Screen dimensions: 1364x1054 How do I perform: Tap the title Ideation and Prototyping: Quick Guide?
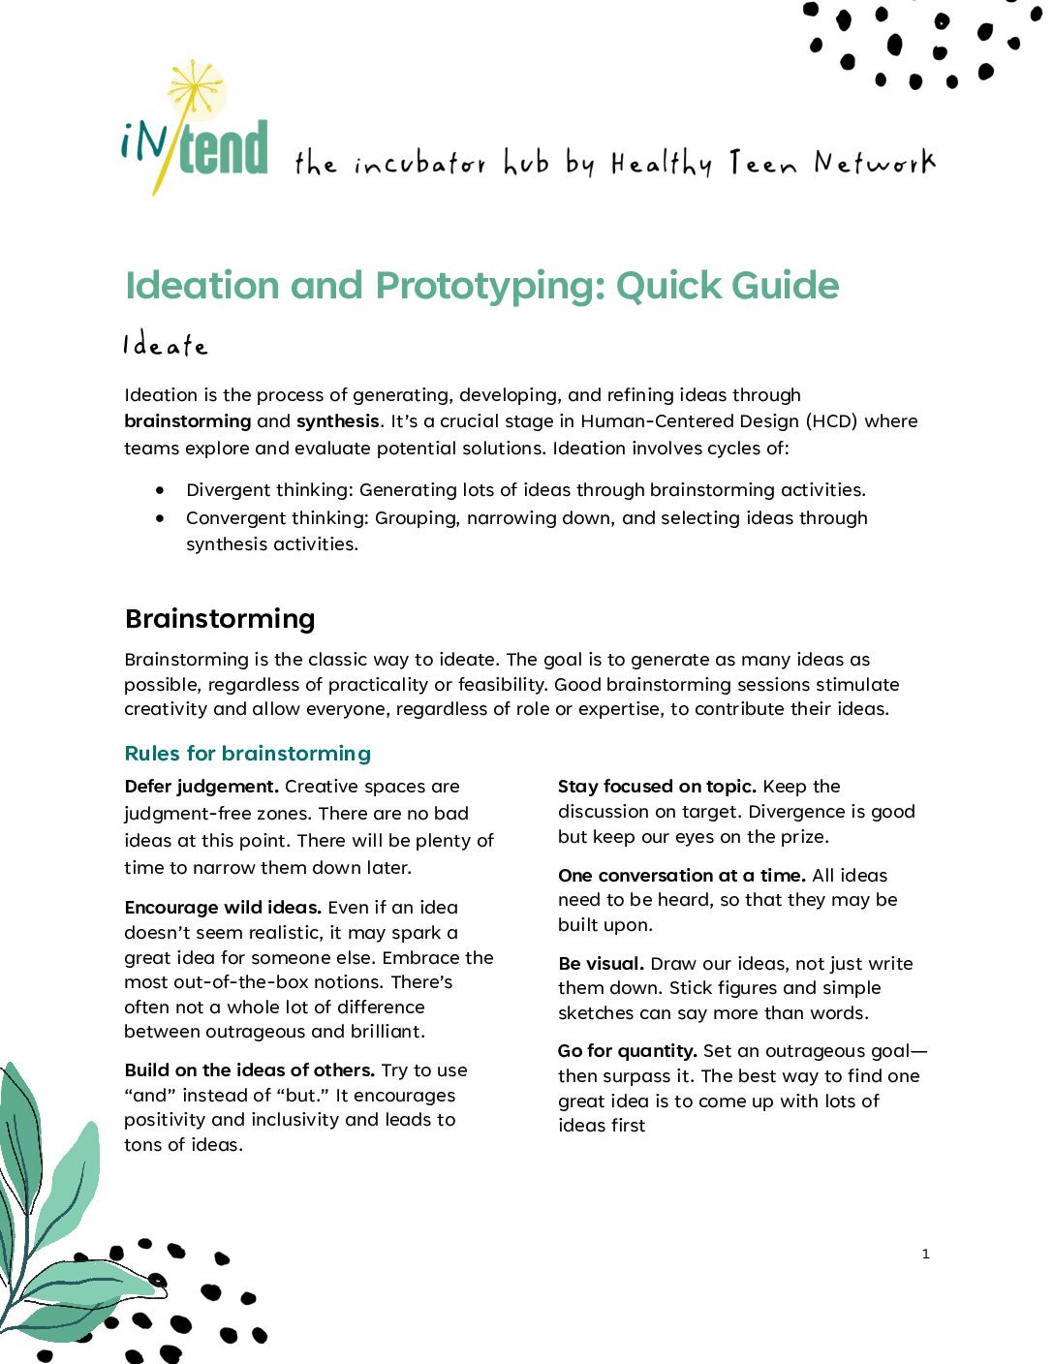click(481, 286)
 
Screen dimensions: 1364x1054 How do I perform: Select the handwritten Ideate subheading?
click(165, 346)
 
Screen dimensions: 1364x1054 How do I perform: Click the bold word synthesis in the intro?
click(337, 421)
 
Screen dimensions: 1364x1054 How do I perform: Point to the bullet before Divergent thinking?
click(160, 490)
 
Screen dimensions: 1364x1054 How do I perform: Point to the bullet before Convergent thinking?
click(160, 518)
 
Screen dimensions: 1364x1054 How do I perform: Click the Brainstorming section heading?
click(220, 619)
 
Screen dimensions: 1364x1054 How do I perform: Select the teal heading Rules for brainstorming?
click(248, 754)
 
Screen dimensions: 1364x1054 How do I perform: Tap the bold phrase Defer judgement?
click(201, 787)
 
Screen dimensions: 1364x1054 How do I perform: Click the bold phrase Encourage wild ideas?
click(223, 908)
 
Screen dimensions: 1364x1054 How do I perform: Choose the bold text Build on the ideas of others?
click(249, 1070)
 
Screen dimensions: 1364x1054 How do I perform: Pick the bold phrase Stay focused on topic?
click(657, 787)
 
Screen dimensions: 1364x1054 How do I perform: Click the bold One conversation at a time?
click(681, 876)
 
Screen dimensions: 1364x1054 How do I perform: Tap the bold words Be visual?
click(601, 964)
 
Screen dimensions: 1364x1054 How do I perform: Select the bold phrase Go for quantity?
click(627, 1051)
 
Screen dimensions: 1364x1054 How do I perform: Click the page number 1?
click(925, 1255)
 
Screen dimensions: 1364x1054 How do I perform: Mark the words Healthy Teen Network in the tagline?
click(773, 164)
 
